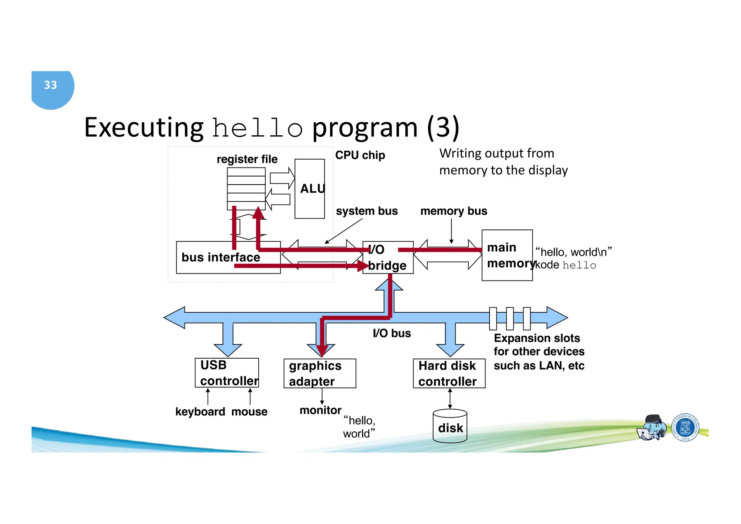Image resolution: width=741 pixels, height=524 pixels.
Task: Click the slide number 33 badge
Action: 51,86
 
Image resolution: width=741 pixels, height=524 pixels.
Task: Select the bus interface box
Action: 221,257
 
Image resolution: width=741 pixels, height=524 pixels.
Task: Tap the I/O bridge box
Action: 388,258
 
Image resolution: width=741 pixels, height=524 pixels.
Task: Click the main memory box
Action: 507,255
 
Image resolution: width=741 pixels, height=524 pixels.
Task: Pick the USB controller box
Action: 227,373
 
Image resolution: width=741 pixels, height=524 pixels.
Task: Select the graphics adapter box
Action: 319,373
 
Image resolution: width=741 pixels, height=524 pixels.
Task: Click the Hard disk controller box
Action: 449,373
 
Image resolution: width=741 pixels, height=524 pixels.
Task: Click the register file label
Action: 247,159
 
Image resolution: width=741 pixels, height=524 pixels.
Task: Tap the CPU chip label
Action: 360,155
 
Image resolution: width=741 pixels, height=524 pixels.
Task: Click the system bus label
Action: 367,211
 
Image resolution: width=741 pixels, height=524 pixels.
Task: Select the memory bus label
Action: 453,211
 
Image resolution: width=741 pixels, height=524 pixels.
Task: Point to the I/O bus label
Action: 391,333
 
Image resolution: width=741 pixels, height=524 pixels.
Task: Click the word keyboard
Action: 200,412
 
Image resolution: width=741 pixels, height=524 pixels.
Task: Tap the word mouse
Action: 249,412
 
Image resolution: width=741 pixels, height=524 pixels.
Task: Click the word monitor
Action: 320,410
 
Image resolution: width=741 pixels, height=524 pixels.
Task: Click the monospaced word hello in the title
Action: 257,128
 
